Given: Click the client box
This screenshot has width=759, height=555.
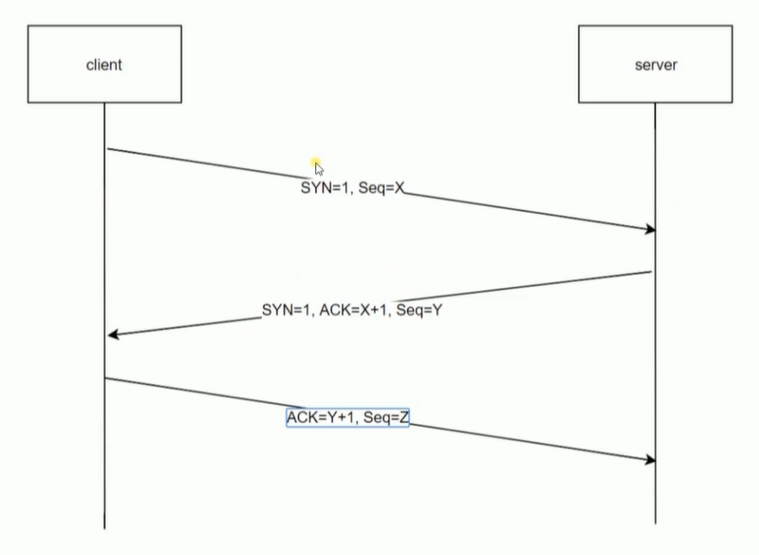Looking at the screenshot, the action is [105, 64].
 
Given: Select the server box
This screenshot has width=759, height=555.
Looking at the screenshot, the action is [655, 64].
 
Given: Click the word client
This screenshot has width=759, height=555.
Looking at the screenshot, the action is [104, 65].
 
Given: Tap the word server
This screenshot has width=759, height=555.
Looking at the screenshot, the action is [656, 65].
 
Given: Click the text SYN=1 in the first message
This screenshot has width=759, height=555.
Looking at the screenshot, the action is [324, 187].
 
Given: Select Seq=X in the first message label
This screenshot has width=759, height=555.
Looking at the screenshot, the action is [381, 187].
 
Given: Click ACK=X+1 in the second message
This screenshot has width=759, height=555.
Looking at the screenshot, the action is [354, 309].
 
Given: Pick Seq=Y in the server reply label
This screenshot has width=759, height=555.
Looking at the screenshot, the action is [419, 309].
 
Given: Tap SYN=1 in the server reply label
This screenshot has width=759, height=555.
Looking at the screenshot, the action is [286, 309].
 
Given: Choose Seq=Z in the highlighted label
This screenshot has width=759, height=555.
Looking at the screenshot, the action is [386, 417].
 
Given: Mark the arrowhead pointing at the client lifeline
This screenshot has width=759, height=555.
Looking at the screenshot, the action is [112, 334].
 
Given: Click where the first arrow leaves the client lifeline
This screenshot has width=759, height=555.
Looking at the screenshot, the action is [106, 148].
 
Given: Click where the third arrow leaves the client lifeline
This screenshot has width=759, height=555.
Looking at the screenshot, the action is [105, 378].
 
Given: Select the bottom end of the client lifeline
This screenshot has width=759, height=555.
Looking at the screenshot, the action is [105, 529].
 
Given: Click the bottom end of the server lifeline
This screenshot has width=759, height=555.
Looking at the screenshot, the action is [655, 524].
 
